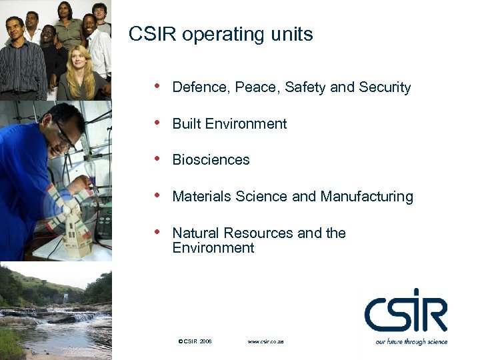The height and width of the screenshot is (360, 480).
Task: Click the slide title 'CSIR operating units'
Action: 221,35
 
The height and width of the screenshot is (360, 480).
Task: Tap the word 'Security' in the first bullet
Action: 385,87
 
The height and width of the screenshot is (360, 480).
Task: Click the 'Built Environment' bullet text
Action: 229,124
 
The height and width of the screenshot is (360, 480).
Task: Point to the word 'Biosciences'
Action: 211,160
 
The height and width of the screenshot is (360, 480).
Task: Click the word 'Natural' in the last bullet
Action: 196,233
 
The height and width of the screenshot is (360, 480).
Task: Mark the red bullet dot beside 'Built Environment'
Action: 157,123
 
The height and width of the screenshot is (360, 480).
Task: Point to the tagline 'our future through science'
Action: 411,342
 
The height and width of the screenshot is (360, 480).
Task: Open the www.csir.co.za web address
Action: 265,341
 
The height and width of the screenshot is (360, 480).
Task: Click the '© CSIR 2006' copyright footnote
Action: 195,341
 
